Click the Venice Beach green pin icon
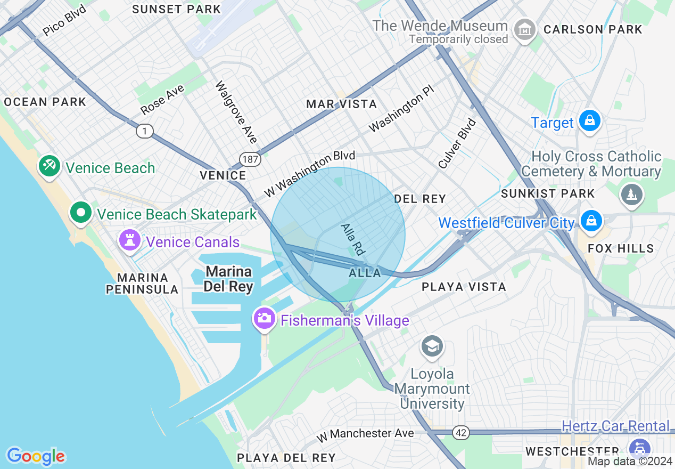(x=49, y=166)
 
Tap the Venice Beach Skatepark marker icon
(x=81, y=213)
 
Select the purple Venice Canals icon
(x=129, y=240)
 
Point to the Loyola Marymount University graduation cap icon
(x=432, y=346)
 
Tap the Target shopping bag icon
(x=590, y=120)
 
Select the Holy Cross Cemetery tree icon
(x=631, y=194)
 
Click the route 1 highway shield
(x=144, y=131)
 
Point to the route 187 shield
(x=249, y=158)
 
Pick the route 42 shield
(x=462, y=433)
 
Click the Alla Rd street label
(x=352, y=238)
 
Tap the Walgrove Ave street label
(x=236, y=112)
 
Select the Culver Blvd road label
(x=457, y=143)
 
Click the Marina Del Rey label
(x=228, y=279)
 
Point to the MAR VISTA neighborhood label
(x=341, y=104)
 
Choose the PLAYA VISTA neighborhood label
(x=464, y=287)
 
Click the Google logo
(x=36, y=456)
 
